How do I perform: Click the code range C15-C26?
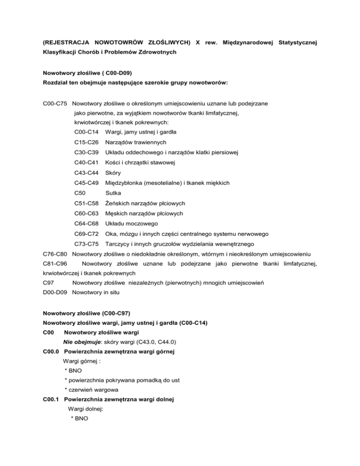coord(86,143)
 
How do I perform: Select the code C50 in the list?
coord(80,191)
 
